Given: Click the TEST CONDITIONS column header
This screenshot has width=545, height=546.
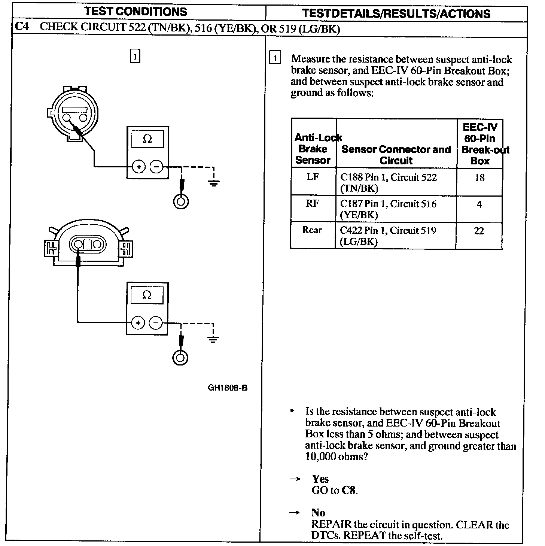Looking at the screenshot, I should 136,11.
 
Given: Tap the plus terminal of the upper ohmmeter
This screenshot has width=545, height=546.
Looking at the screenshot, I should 138,167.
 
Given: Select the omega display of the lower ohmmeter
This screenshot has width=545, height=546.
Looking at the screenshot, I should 147,295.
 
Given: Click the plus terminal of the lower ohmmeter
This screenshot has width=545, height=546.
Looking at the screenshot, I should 138,323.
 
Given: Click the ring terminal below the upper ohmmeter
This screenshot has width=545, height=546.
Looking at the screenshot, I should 181,202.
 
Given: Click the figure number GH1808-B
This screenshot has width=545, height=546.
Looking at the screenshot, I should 227,388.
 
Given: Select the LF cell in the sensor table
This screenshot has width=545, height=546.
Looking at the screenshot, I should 313,177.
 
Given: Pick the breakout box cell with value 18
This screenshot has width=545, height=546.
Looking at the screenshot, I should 479,178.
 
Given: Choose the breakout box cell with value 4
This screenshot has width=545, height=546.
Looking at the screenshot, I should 479,204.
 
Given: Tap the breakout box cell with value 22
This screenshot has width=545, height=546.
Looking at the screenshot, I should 479,231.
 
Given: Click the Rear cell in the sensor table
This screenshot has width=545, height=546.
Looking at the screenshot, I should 312,230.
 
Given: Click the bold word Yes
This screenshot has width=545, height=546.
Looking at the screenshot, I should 320,479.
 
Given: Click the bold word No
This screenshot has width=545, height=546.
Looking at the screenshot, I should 318,513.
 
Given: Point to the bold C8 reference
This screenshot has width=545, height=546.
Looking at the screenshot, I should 348,490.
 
